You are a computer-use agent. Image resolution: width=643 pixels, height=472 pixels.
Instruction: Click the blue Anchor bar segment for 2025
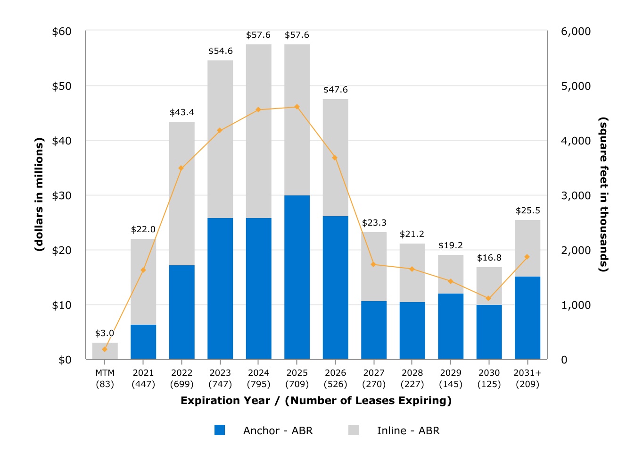tap(297, 277)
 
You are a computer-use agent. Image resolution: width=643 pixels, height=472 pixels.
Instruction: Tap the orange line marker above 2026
tap(335, 158)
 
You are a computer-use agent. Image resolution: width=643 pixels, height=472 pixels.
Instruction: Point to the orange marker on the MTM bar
tap(105, 349)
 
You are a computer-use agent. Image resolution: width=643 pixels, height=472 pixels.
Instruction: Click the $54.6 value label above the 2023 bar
tap(221, 51)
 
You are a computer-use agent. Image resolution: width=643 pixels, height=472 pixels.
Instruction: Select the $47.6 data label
tap(335, 90)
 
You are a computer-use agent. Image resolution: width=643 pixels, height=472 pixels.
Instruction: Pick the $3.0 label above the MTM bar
tap(105, 333)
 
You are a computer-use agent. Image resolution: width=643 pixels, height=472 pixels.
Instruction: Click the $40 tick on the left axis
tap(62, 141)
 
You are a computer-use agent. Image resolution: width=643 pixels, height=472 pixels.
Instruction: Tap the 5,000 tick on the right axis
tap(576, 86)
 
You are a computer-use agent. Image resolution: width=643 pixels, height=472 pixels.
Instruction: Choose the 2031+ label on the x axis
tap(528, 373)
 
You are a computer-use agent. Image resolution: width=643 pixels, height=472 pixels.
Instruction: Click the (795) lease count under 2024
tap(258, 384)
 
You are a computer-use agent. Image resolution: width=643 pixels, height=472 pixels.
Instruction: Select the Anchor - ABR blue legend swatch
tap(220, 430)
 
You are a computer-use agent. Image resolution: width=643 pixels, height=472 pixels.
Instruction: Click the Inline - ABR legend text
tap(408, 430)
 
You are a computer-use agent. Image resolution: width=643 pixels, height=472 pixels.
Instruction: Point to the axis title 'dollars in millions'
tap(39, 194)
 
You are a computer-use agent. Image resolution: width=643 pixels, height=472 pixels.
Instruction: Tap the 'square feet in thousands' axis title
tap(603, 194)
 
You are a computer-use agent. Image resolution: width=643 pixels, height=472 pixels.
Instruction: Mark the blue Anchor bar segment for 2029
tap(451, 326)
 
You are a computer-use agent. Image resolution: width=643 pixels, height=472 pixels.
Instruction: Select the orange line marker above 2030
tap(488, 298)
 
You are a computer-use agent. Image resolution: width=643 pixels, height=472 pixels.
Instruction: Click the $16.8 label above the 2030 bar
tap(489, 258)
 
